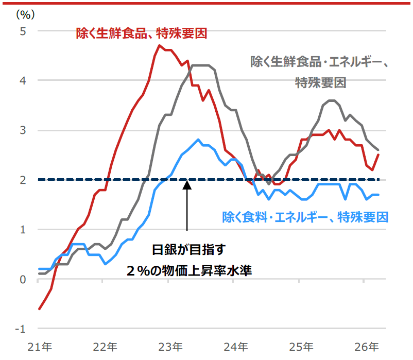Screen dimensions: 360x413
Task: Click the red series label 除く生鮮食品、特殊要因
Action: click(x=141, y=34)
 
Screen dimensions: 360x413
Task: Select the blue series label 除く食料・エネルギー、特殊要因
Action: click(x=305, y=217)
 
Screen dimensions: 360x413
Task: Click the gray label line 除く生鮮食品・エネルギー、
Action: click(x=319, y=62)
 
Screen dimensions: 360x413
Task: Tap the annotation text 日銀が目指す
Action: click(x=188, y=250)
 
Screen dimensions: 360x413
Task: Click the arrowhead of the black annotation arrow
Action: click(x=187, y=184)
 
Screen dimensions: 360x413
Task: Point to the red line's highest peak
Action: click(x=159, y=45)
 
